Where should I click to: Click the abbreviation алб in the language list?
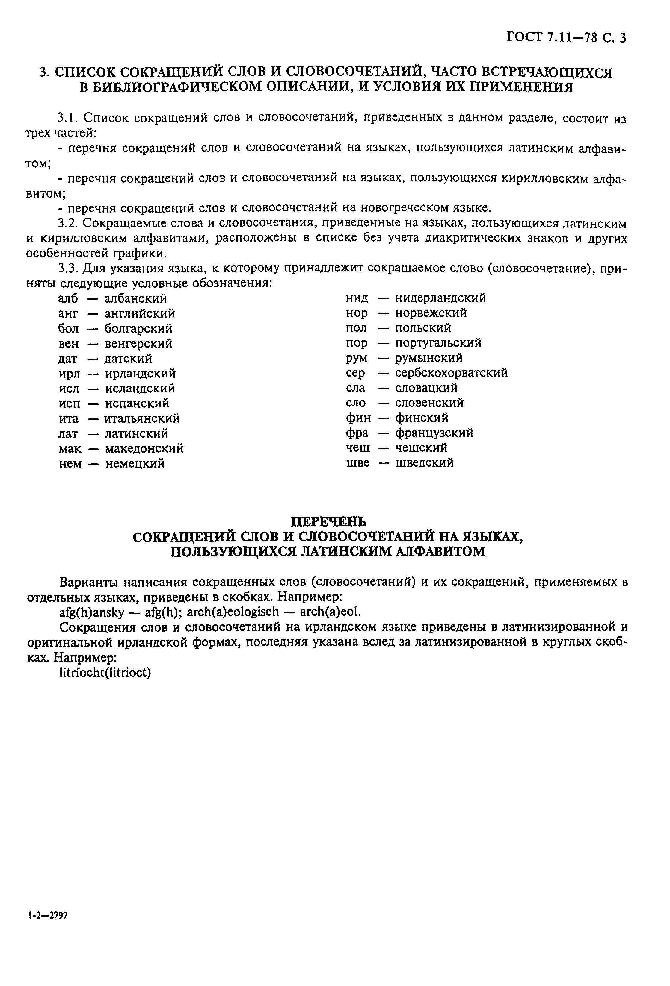point(68,299)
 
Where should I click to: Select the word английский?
point(139,314)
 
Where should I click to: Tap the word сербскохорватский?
point(451,373)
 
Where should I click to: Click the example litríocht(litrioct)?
point(105,673)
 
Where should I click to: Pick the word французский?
point(434,433)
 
